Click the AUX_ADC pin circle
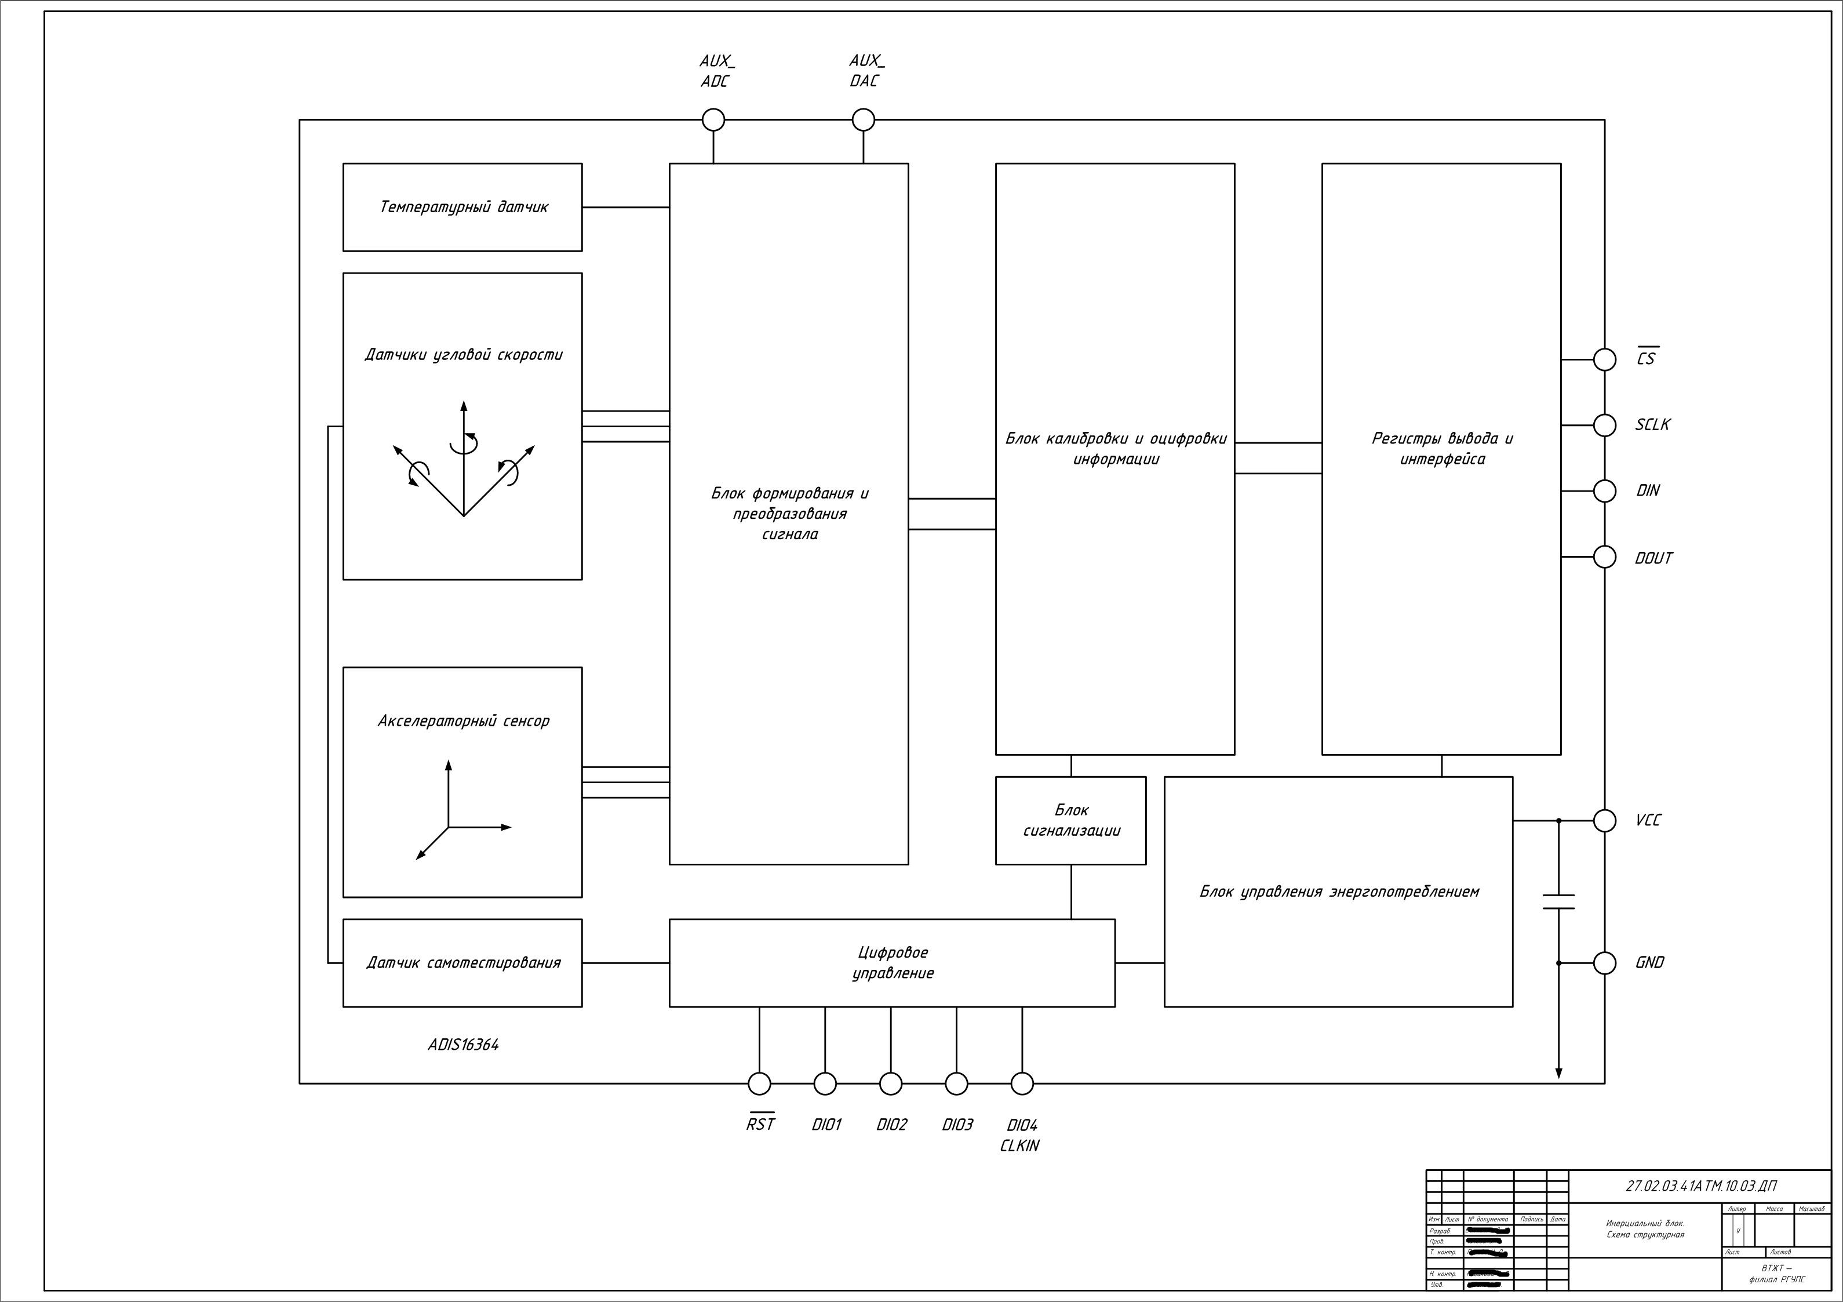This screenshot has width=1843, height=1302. click(713, 121)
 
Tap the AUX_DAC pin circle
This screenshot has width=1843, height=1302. click(863, 121)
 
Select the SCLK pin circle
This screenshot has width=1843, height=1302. click(1604, 425)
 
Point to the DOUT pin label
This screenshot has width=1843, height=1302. click(1653, 558)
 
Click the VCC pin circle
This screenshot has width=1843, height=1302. click(1604, 820)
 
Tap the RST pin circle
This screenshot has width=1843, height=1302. click(759, 1083)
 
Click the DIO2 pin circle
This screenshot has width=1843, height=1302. click(890, 1083)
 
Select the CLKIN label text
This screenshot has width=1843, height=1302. click(1019, 1146)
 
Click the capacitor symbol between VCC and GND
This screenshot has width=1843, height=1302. click(1558, 901)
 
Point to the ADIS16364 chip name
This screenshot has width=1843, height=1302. click(463, 1045)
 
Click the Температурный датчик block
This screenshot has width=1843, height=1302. click(462, 207)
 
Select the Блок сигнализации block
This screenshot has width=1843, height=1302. click(1071, 820)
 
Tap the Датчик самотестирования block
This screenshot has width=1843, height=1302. click(462, 962)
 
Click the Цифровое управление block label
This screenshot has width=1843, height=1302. click(892, 962)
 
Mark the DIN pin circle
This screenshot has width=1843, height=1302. click(1604, 490)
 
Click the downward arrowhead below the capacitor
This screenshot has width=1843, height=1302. click(1558, 1072)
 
